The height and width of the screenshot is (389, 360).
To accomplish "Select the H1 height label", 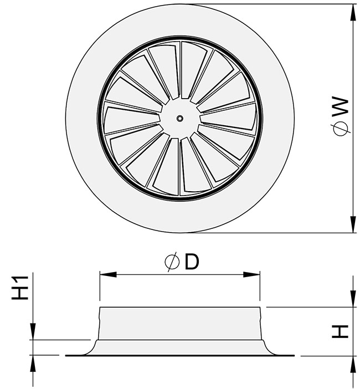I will click(x=20, y=287).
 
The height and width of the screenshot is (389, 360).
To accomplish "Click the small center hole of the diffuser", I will click(x=179, y=118).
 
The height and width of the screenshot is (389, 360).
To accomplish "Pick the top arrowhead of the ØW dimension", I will click(x=352, y=11).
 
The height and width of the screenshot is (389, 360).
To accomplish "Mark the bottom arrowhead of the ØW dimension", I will click(x=352, y=227).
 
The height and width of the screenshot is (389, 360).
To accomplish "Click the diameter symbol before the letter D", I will click(x=172, y=263).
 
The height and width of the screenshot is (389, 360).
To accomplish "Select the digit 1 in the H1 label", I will click(x=20, y=278).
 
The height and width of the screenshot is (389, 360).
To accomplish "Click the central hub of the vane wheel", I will click(x=179, y=118).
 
